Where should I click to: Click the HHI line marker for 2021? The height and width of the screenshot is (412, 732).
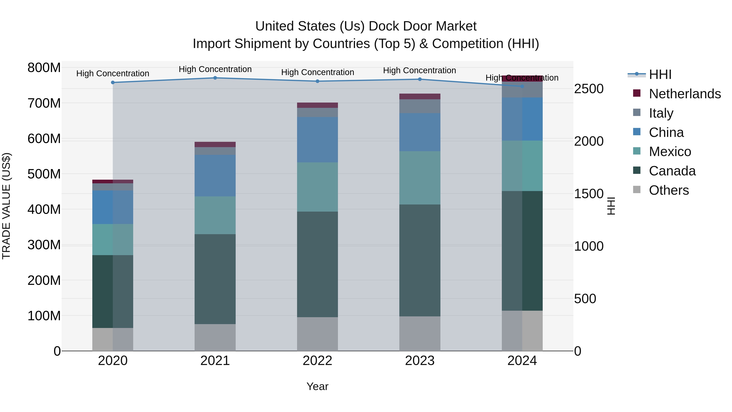[x=215, y=78]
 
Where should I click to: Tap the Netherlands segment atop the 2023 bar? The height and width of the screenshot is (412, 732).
[x=420, y=96]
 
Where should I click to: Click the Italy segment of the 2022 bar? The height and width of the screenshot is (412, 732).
[x=317, y=112]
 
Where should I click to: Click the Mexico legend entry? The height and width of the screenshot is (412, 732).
[x=670, y=152]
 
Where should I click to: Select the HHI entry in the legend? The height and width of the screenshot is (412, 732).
[x=660, y=74]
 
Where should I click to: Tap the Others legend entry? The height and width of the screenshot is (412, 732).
[x=669, y=190]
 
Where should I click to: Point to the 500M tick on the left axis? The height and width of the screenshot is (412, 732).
[x=44, y=174]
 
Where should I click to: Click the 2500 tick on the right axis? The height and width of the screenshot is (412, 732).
[x=588, y=89]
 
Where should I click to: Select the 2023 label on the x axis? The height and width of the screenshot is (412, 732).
[x=420, y=361]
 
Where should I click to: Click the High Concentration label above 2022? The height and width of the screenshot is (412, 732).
[x=317, y=72]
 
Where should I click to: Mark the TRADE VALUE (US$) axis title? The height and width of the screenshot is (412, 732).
[x=6, y=206]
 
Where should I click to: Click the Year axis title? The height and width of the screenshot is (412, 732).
[x=317, y=386]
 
